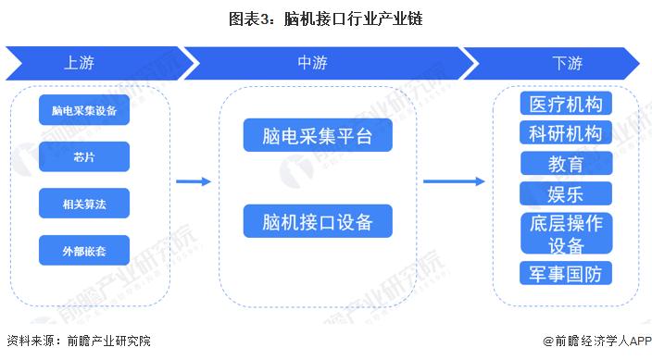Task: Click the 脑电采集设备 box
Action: point(84,111)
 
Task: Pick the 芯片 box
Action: point(84,157)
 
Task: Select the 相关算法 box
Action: point(84,203)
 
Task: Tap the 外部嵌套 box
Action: point(84,249)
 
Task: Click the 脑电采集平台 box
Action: point(318,137)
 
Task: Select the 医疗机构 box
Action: point(566,103)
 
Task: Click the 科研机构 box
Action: point(566,133)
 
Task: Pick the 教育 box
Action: point(566,164)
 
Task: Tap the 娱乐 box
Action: point(566,192)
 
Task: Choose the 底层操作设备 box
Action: point(566,234)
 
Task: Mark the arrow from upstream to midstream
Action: point(194,181)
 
